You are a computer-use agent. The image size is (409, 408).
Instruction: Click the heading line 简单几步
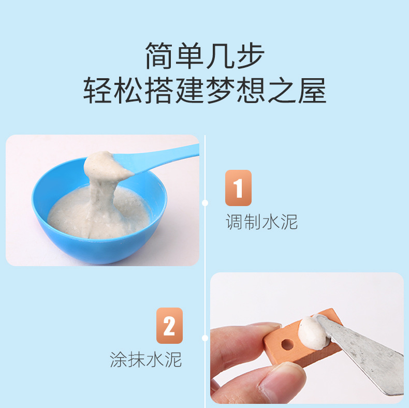[x=204, y=56]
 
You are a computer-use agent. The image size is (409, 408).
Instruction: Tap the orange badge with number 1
[x=238, y=188]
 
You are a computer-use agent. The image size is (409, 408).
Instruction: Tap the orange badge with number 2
[x=169, y=326]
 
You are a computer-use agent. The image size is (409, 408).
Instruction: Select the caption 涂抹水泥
[x=146, y=359]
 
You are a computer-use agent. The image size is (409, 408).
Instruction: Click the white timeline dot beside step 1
[x=205, y=203]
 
